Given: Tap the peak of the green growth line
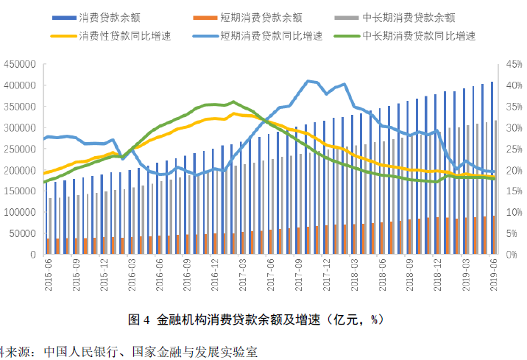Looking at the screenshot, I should tap(233, 102).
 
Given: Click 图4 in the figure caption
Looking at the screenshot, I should tap(139, 320).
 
